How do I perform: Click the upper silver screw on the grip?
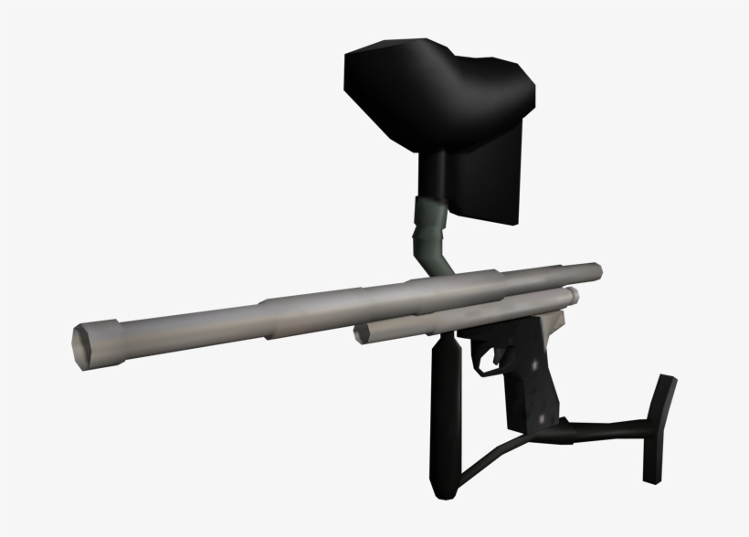pyautogui.click(x=533, y=375)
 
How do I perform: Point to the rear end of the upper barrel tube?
pyautogui.click(x=595, y=270)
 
